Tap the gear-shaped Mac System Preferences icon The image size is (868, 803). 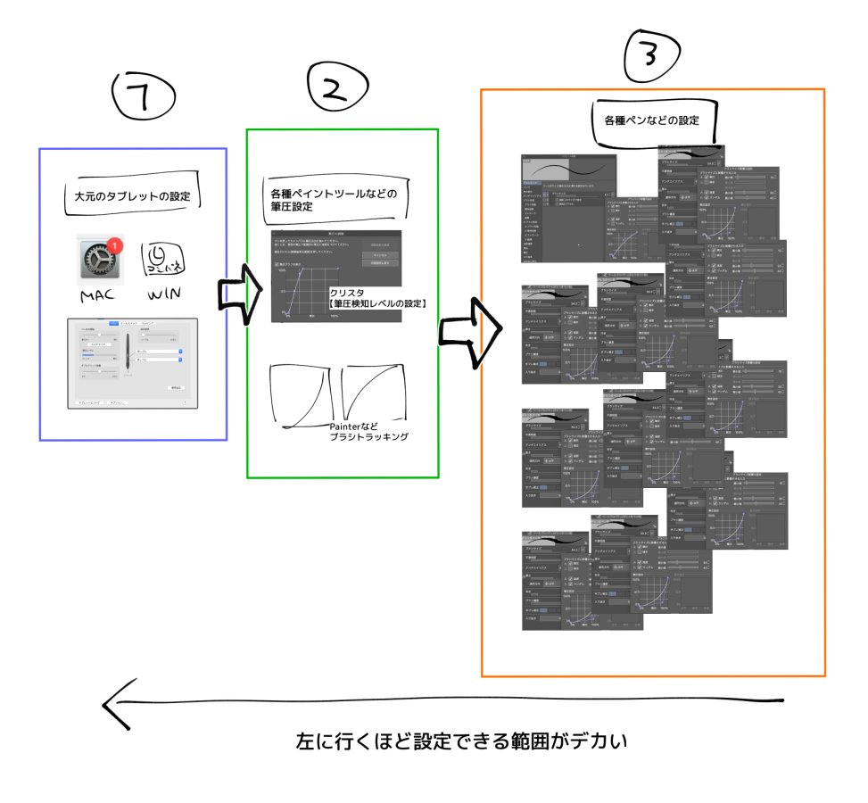99,259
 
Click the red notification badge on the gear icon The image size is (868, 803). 118,245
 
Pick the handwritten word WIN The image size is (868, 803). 166,294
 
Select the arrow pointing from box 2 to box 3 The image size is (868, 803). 467,332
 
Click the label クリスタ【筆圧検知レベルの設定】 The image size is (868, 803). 377,298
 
